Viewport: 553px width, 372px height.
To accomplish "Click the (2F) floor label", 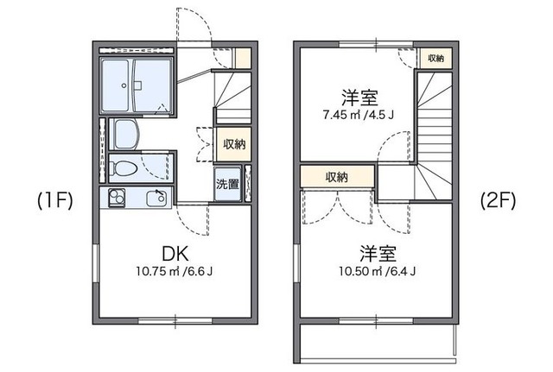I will (497, 201).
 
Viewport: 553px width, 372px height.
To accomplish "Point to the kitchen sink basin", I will (156, 198).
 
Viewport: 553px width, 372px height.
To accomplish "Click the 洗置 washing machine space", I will (228, 184).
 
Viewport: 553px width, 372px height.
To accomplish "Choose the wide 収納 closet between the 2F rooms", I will (337, 177).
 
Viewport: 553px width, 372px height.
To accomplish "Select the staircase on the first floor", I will (233, 95).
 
